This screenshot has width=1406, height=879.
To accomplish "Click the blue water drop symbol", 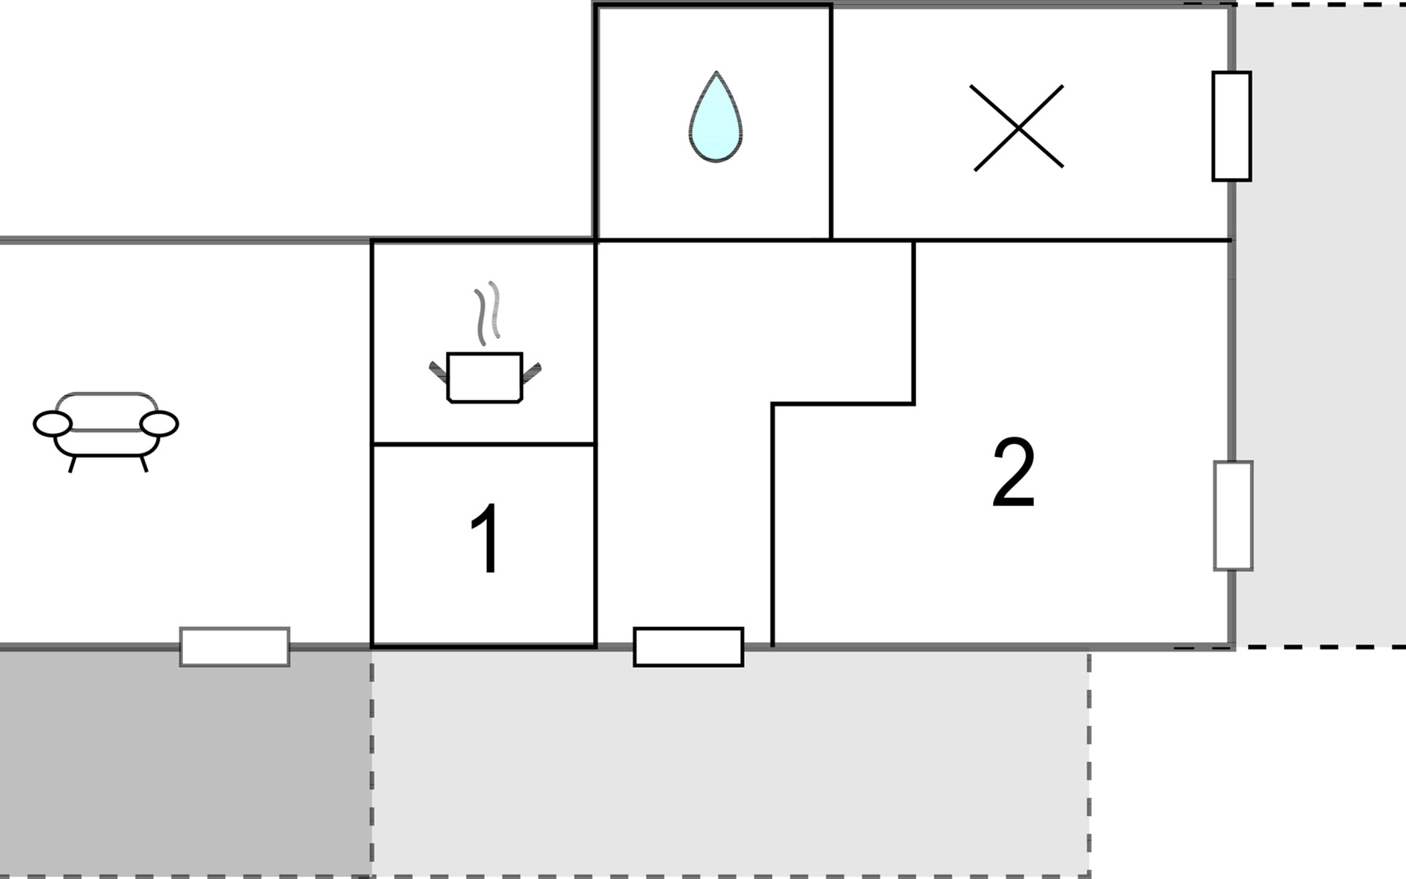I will point(715,121).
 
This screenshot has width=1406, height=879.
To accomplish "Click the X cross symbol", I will point(1017,127).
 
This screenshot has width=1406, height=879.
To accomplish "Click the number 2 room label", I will point(1014,472).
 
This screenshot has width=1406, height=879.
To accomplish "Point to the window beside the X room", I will point(1231,126).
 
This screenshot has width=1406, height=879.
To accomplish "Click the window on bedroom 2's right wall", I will point(1232,516).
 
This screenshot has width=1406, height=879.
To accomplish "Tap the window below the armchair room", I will point(234,647).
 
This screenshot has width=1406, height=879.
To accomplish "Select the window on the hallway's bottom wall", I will point(688,647).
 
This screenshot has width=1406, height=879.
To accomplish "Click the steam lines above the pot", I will point(488,311).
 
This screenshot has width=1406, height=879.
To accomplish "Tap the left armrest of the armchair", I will point(53,423).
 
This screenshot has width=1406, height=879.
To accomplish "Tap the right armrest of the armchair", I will point(159,423).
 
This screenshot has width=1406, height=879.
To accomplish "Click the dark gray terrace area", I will point(183,762).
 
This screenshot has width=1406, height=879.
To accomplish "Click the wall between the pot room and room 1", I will point(483,444).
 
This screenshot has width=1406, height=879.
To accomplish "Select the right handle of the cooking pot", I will point(532,372).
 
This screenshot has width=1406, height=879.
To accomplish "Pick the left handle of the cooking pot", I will point(438,372).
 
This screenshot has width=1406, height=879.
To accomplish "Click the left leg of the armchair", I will point(72,464).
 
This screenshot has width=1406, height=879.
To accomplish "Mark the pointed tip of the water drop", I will point(715,73).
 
